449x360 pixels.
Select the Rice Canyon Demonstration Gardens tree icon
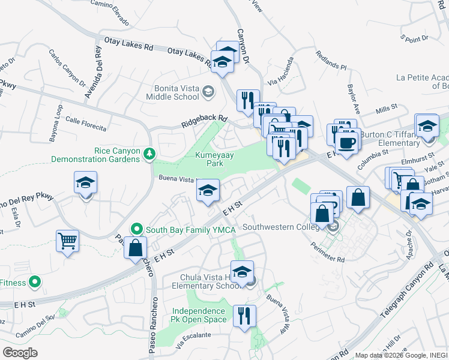tap(149, 155)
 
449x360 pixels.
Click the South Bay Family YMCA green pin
tap(137, 229)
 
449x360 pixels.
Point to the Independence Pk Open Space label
tap(200, 315)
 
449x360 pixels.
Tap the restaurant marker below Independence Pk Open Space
tap(244, 316)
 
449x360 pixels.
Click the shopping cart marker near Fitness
tap(68, 241)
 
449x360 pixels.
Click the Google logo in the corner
tap(20, 352)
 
